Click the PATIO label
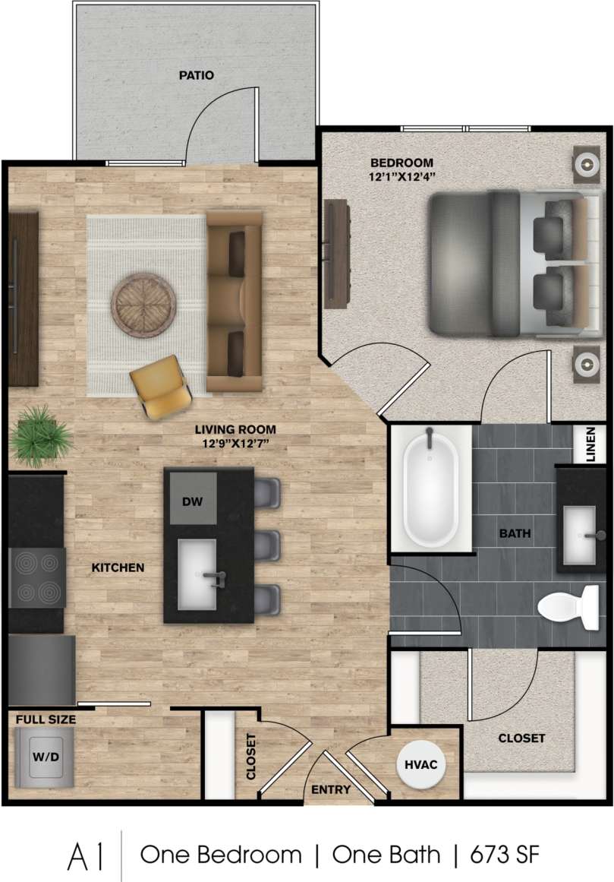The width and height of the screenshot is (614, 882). tap(196, 75)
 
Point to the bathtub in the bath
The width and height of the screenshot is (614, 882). tap(430, 489)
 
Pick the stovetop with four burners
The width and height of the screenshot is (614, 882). tap(36, 577)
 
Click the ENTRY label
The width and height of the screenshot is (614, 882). tap(331, 790)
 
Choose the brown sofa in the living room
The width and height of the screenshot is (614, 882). tap(235, 302)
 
